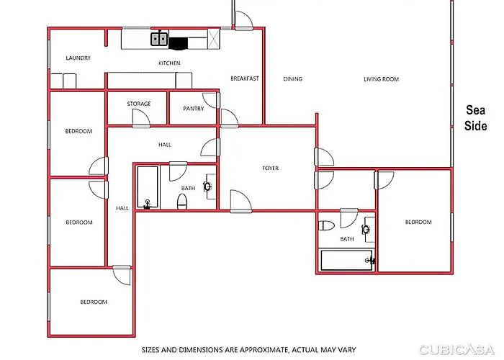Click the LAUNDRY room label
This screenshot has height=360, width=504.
(78, 58)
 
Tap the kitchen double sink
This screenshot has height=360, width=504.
(159, 39)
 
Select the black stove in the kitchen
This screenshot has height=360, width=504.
(178, 44)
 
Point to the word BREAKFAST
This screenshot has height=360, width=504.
(245, 78)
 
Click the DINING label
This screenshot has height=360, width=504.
(293, 78)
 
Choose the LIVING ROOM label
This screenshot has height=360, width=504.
(381, 79)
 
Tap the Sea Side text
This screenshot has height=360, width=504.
(476, 117)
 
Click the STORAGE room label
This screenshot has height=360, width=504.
(139, 104)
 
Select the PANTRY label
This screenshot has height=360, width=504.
(194, 109)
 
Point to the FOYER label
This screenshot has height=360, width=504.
(270, 168)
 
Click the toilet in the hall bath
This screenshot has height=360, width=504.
(182, 201)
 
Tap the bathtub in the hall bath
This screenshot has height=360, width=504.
(148, 187)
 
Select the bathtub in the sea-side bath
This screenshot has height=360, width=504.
(347, 260)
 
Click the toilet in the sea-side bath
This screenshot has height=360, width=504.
(326, 225)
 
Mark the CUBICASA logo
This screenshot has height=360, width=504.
(456, 349)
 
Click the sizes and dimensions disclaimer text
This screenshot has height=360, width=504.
(248, 349)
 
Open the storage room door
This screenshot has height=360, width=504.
(141, 118)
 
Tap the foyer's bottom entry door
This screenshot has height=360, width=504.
(240, 201)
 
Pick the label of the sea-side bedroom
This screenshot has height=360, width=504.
(418, 222)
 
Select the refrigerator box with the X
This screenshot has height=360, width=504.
(214, 39)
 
